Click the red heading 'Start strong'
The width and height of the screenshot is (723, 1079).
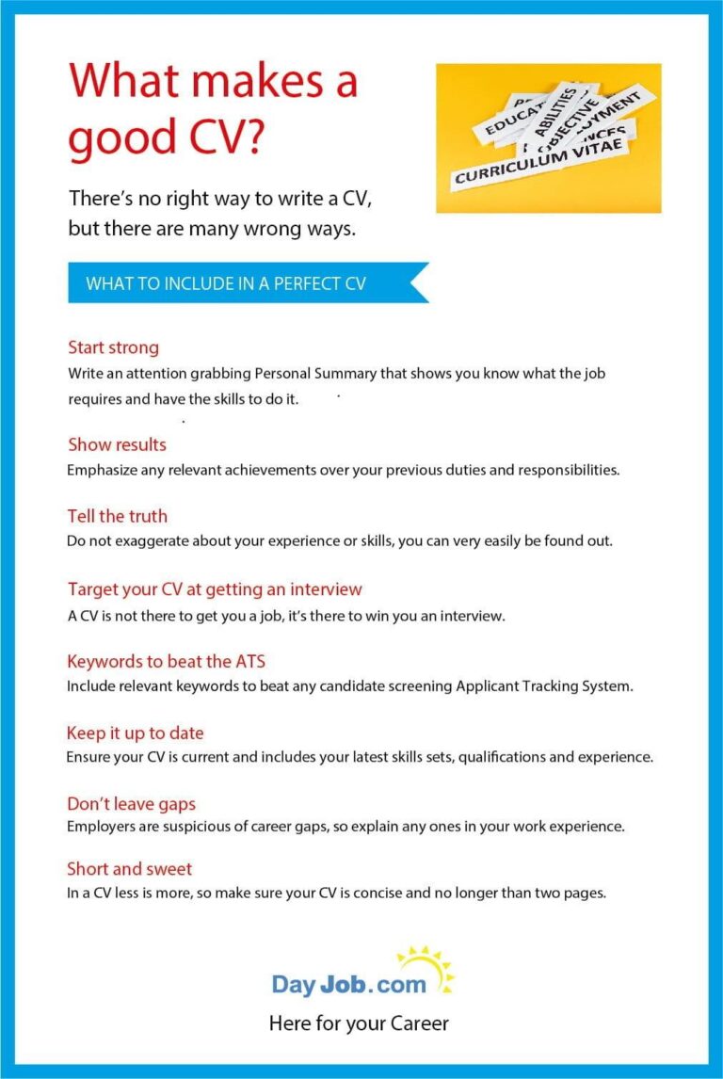coord(113,347)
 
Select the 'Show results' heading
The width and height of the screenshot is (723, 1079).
coord(117,444)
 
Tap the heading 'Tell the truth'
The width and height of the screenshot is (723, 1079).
coord(117,516)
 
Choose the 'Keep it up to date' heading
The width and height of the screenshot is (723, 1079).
coord(135,733)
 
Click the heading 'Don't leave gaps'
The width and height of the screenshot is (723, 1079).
coord(131,804)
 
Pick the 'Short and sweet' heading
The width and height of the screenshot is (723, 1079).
coord(129,868)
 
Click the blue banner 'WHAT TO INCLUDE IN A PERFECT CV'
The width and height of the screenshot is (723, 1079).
coord(226,283)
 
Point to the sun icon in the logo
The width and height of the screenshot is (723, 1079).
coord(426,968)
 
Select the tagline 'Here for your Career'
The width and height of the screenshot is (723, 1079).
coord(359,1023)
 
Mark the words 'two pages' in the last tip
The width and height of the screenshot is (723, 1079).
coord(574,893)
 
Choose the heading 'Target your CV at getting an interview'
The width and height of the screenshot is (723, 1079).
coord(215,589)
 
